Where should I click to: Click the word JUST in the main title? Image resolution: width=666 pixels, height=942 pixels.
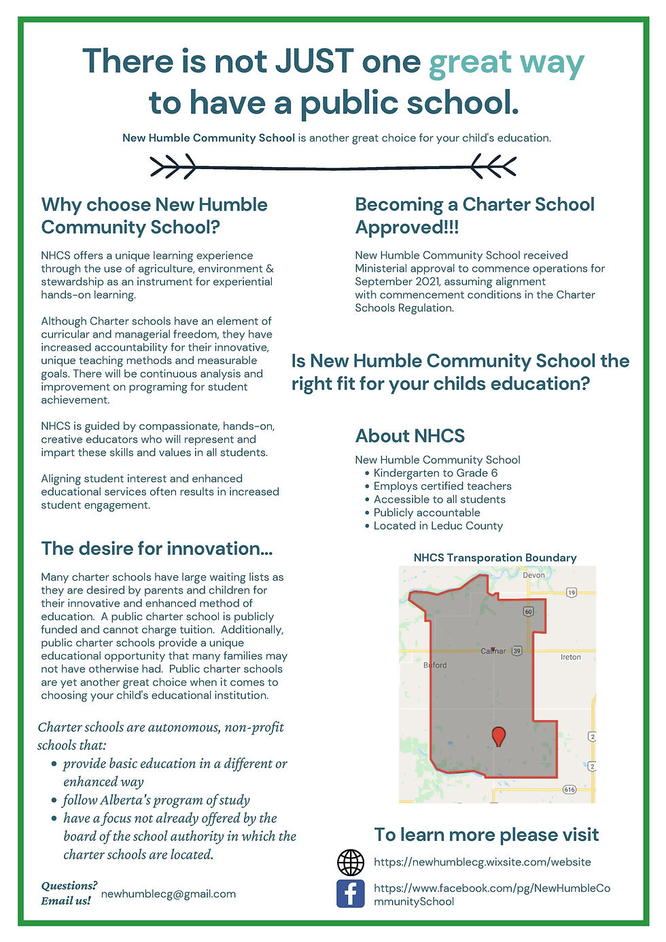pos(314,61)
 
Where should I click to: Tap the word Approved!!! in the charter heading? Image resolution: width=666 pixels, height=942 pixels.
pos(406,228)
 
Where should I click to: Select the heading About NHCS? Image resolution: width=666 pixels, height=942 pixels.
pos(410,436)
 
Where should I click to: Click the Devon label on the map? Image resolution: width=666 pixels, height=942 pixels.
pos(533,575)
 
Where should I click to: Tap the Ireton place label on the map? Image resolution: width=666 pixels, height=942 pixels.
pos(570,657)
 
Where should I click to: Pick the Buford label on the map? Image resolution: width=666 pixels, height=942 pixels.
pos(435,665)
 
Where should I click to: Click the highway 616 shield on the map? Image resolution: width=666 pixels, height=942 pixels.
pos(569,789)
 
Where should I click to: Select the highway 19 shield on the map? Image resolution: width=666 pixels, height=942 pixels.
pos(571,593)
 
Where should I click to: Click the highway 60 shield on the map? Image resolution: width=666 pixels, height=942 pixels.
pos(528,611)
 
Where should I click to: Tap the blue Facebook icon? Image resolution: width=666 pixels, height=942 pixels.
pos(351,893)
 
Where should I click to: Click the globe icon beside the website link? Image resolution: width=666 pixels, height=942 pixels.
pos(351,862)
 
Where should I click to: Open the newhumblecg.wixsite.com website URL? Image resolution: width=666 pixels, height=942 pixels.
pos(482,862)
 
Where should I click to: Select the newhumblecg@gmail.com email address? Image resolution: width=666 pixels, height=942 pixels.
pos(168,894)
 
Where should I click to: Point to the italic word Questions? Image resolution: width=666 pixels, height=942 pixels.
pos(69,886)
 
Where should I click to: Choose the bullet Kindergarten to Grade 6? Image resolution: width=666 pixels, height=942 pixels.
pos(435,473)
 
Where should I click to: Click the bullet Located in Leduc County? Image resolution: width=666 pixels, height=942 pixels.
pos(438,526)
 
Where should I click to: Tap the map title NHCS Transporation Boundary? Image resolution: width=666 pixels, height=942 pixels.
pos(495,558)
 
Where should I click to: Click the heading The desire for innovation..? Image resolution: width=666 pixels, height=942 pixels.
pos(156,549)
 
